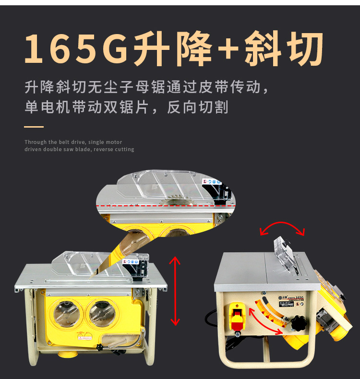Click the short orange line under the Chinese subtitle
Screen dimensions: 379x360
click(34, 127)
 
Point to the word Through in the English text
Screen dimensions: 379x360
click(36, 142)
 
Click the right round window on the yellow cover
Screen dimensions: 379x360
click(102, 313)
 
